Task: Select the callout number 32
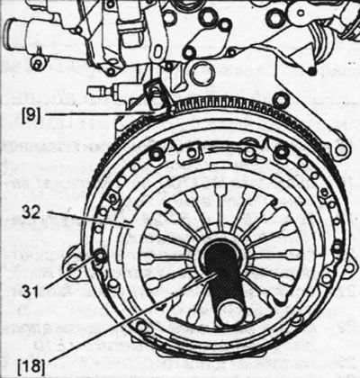pos(31,212)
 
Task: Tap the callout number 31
pos(31,291)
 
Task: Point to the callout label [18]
pos(31,367)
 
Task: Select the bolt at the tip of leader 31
pos(99,256)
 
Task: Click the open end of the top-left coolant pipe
pos(12,31)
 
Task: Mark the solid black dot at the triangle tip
pos(312,71)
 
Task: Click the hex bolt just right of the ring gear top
pos(281,100)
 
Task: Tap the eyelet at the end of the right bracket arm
pos(340,150)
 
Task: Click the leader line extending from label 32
pos(90,219)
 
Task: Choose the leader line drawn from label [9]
pos(99,113)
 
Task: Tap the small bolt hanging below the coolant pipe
pos(38,64)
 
